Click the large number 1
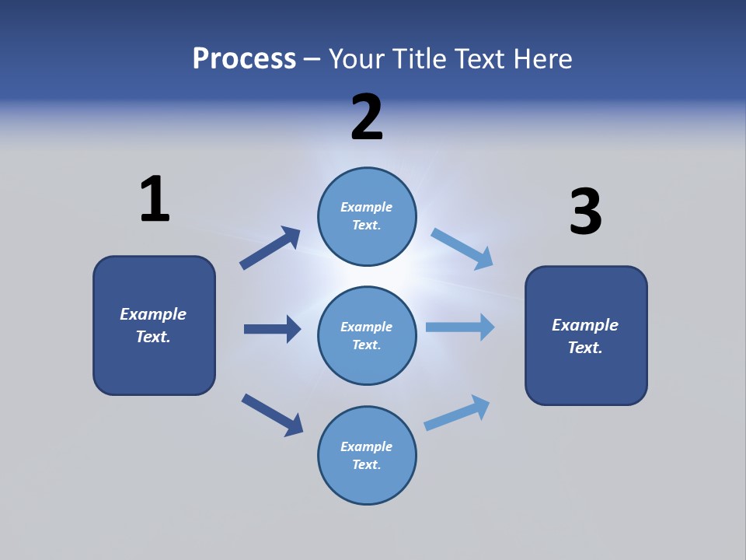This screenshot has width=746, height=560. tap(155, 199)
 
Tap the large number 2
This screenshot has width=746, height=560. tap(367, 117)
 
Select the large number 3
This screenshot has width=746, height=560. tap(585, 212)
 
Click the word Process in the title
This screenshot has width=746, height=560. tap(244, 58)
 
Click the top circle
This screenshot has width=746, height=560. tap(367, 216)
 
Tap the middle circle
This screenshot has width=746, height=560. tap(367, 335)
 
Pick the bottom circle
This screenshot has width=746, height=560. tap(367, 455)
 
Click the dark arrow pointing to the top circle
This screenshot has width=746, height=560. tap(270, 248)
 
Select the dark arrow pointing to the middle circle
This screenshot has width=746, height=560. tap(272, 329)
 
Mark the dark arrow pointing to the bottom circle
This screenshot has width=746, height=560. tap(272, 415)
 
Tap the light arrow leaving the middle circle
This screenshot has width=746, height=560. tap(460, 327)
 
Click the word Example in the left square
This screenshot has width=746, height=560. tap(153, 314)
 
